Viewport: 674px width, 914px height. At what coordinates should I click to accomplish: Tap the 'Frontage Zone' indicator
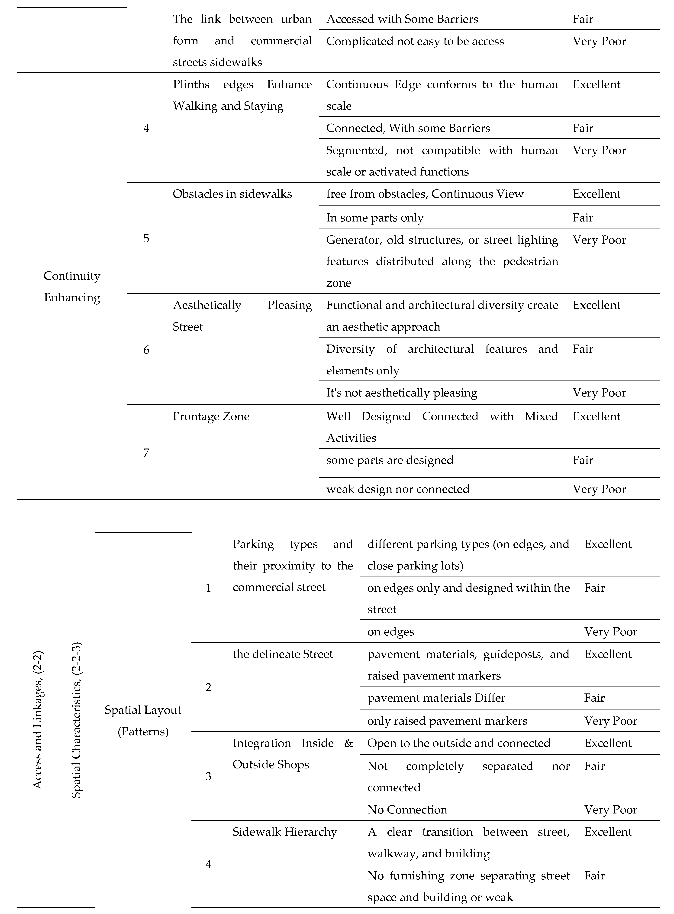click(x=211, y=416)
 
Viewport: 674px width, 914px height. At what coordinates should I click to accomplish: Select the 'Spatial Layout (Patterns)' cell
click(x=143, y=721)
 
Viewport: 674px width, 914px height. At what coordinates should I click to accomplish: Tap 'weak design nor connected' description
click(x=398, y=489)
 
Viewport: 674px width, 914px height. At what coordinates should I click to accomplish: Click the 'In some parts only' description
click(x=374, y=218)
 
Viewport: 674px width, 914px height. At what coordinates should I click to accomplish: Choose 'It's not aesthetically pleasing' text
click(x=401, y=393)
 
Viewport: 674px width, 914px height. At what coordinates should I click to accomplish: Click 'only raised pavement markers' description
click(x=447, y=721)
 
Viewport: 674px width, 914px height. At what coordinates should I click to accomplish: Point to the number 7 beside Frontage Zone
click(x=146, y=453)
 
